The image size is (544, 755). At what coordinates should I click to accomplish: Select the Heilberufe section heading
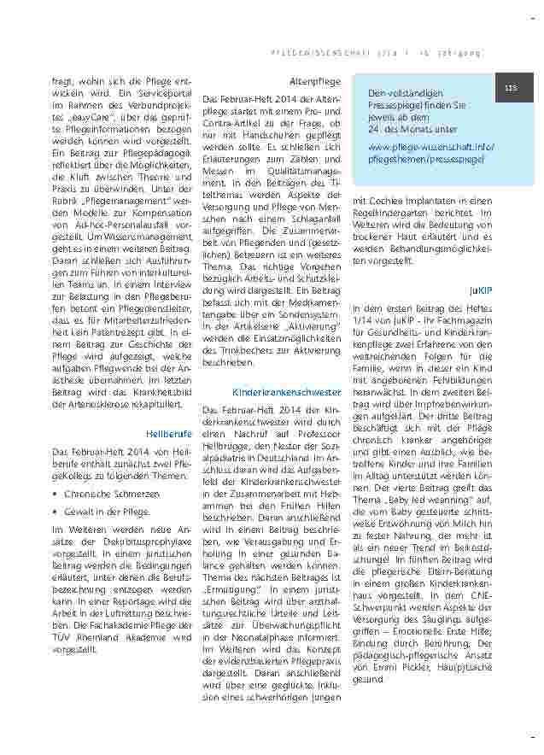[x=169, y=433]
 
